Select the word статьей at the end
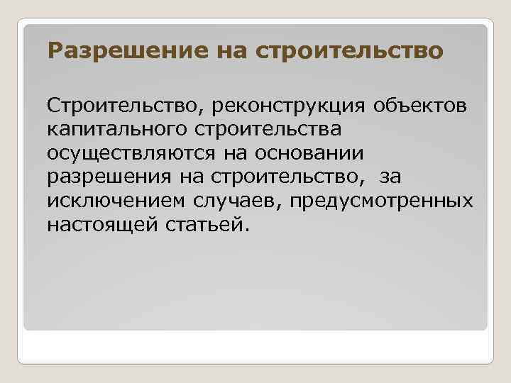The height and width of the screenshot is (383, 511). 211,226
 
